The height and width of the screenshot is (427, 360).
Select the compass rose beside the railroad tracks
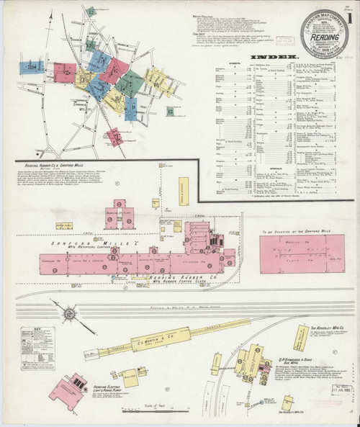71,313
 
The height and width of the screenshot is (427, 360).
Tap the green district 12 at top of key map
92,12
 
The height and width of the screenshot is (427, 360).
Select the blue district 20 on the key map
29,68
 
